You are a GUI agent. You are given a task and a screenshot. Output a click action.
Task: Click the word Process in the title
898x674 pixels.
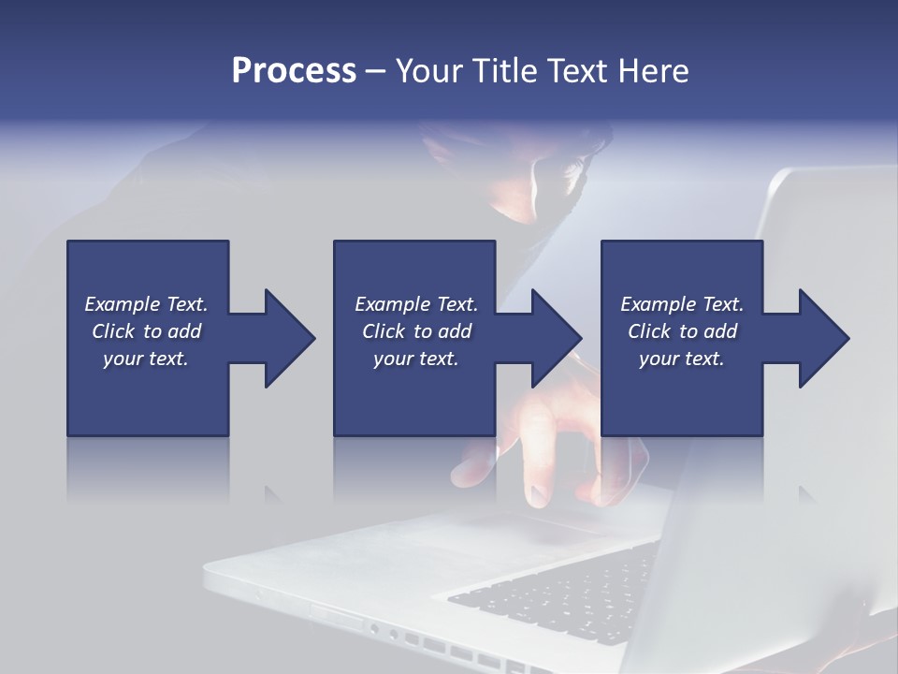(x=294, y=71)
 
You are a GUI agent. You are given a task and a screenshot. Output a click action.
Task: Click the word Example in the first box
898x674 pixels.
(x=122, y=304)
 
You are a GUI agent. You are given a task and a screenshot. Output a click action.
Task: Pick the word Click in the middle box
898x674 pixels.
(x=384, y=331)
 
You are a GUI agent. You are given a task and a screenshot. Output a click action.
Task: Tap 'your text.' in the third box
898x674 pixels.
(x=681, y=359)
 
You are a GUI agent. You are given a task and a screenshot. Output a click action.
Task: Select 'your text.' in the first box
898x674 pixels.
(x=146, y=359)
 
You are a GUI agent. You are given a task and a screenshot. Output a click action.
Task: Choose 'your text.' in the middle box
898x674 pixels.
(x=415, y=359)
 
